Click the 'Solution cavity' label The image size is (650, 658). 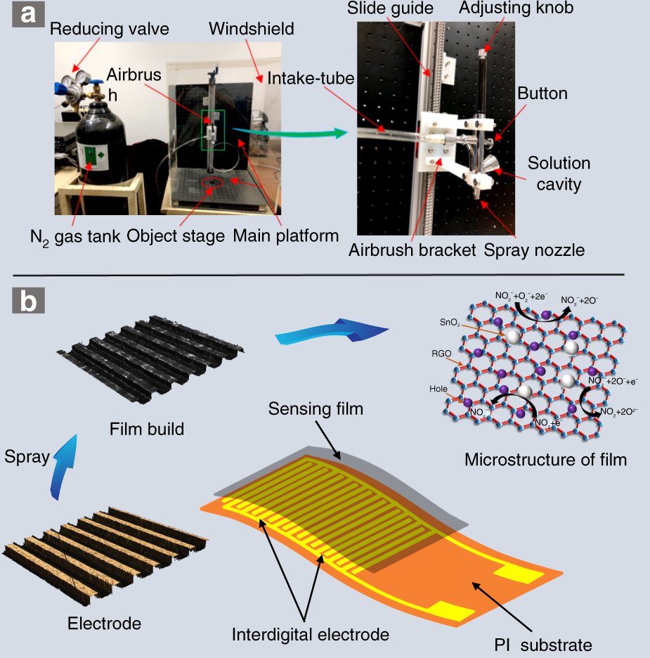point(559,174)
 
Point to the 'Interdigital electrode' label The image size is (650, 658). point(310,634)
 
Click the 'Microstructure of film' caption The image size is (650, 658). point(545,460)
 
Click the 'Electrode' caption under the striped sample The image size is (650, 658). point(104,623)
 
